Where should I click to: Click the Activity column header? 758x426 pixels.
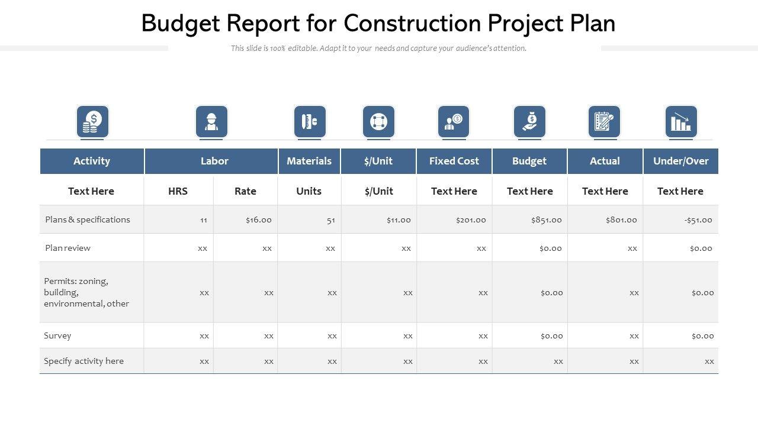coord(92,161)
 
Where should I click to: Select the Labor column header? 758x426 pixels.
coord(214,161)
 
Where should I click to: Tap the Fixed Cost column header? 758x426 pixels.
coord(454,161)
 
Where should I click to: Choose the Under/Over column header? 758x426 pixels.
coord(680,161)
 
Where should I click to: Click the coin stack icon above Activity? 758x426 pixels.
coord(92,121)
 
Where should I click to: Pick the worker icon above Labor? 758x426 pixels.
coord(211,121)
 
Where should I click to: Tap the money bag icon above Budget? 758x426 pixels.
coord(529,121)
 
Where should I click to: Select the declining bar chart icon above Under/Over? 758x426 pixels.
coord(681,121)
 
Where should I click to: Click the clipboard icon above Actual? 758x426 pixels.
coord(604,121)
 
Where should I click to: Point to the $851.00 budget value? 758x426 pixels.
coord(546,220)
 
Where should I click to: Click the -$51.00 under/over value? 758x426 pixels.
coord(698,220)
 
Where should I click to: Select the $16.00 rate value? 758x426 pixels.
coord(259,220)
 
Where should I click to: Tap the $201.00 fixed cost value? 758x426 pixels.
coord(471,220)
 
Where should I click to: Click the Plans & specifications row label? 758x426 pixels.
coord(88,220)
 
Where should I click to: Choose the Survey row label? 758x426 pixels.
coord(57,335)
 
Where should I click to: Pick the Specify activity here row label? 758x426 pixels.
coord(83,361)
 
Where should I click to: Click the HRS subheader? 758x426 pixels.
coord(178,191)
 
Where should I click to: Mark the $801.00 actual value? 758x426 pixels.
coord(621,220)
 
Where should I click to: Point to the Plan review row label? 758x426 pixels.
coord(68,248)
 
